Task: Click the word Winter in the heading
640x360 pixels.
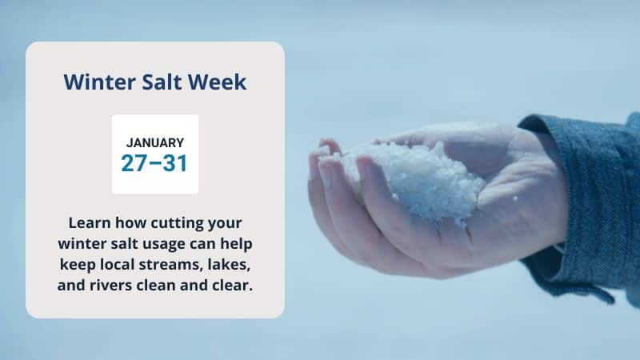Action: [99, 82]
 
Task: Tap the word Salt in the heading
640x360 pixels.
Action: [162, 82]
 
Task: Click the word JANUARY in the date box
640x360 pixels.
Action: [155, 143]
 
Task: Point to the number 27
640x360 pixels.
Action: [134, 163]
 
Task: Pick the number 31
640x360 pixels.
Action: [175, 163]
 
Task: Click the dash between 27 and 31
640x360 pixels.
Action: [155, 163]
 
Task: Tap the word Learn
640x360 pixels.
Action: [90, 223]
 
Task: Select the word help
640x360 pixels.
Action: [236, 244]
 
